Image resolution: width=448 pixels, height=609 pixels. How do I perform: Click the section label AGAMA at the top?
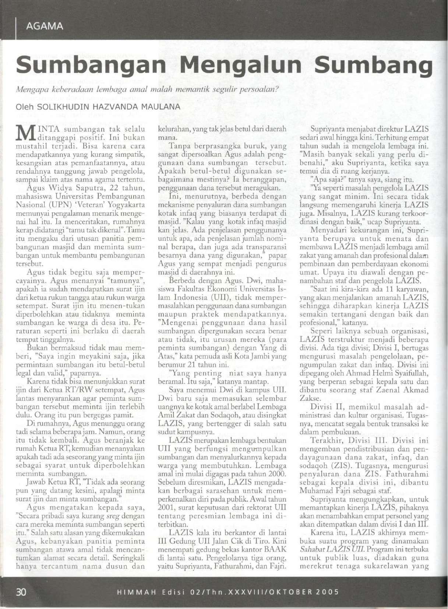click(x=45, y=26)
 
